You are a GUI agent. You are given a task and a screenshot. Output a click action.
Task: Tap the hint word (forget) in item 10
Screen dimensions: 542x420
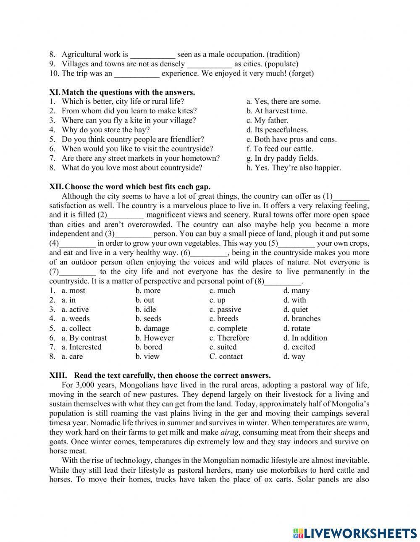(x=301, y=73)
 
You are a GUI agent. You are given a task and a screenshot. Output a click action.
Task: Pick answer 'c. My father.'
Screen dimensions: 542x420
(x=268, y=120)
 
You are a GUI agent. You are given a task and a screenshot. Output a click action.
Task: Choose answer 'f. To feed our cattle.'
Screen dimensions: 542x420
(x=280, y=149)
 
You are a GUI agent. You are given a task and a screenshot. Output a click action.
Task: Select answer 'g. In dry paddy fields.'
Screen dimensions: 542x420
(x=282, y=158)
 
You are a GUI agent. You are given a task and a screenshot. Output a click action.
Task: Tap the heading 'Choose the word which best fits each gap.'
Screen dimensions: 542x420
(x=137, y=187)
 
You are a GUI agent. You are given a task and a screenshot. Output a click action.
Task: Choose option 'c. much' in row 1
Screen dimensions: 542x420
(x=222, y=291)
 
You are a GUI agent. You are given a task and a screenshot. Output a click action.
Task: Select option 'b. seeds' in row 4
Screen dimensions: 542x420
(x=148, y=319)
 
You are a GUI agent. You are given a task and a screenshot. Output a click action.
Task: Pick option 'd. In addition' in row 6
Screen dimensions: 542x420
(x=305, y=338)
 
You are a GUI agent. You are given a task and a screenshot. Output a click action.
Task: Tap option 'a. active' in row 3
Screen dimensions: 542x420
(x=75, y=309)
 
